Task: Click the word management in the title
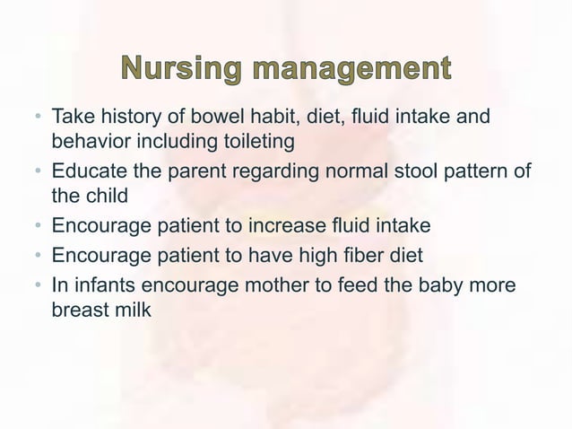(347, 68)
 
